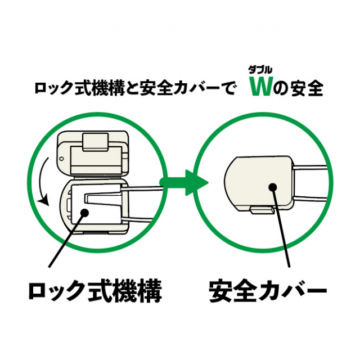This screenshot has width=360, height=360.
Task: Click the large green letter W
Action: click(261, 87)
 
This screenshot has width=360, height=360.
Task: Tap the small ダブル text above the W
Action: click(260, 70)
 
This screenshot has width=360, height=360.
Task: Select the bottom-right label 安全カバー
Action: click(268, 290)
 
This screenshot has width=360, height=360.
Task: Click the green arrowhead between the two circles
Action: click(196, 183)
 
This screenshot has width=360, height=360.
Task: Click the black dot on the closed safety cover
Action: click(272, 187)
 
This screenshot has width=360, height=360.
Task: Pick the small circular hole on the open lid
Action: click(61, 159)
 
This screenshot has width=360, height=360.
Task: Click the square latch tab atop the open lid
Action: click(96, 142)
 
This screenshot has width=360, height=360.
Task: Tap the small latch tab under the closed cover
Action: click(262, 210)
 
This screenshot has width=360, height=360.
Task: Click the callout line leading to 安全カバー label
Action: click(281, 227)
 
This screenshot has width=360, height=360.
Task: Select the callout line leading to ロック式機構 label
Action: click(66, 240)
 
